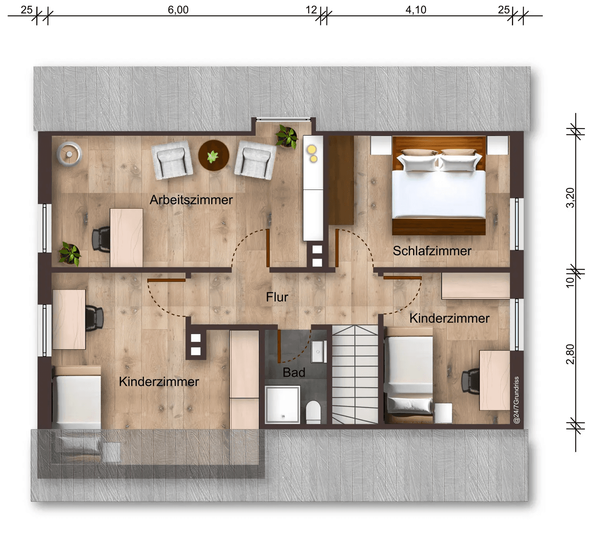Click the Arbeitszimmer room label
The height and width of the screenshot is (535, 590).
[x=191, y=200]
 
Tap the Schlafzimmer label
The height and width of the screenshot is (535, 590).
[x=432, y=251]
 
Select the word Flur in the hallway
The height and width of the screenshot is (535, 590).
[x=277, y=297]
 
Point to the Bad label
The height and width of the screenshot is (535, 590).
[x=294, y=372]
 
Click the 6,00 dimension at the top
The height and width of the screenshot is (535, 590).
[x=178, y=10]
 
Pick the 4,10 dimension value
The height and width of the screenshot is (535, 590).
[x=415, y=10]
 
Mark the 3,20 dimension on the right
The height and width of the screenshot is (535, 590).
[x=570, y=198]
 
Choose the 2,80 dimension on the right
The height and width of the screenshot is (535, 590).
[x=570, y=354]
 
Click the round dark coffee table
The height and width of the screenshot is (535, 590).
[x=214, y=156]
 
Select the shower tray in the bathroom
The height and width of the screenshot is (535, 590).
[x=282, y=404]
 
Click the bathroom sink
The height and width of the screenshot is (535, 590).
[x=318, y=352]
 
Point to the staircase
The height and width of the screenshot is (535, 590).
[x=355, y=374]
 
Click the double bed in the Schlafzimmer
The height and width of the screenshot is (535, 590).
[x=439, y=186]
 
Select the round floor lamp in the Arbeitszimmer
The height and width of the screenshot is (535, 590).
[x=70, y=154]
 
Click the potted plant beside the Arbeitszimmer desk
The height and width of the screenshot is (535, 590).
[x=70, y=254]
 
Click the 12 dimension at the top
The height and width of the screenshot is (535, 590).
[x=311, y=10]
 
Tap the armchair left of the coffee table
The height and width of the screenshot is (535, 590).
[x=172, y=160]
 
